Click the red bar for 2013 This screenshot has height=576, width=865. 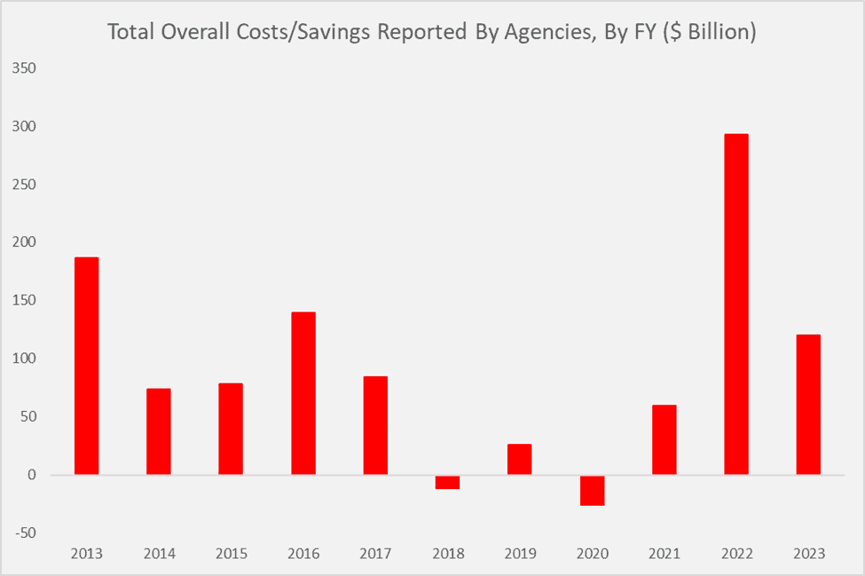86,366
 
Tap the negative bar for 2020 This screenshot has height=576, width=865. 592,490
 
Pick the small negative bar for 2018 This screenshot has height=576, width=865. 447,482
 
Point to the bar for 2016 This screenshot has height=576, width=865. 303,393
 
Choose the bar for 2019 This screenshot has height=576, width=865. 520,459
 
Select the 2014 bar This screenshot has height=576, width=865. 158,431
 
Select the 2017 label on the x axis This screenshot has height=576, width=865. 375,554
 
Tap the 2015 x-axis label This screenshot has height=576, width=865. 231,554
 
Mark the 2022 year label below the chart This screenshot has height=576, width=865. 736,554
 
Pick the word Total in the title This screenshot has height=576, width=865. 129,33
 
